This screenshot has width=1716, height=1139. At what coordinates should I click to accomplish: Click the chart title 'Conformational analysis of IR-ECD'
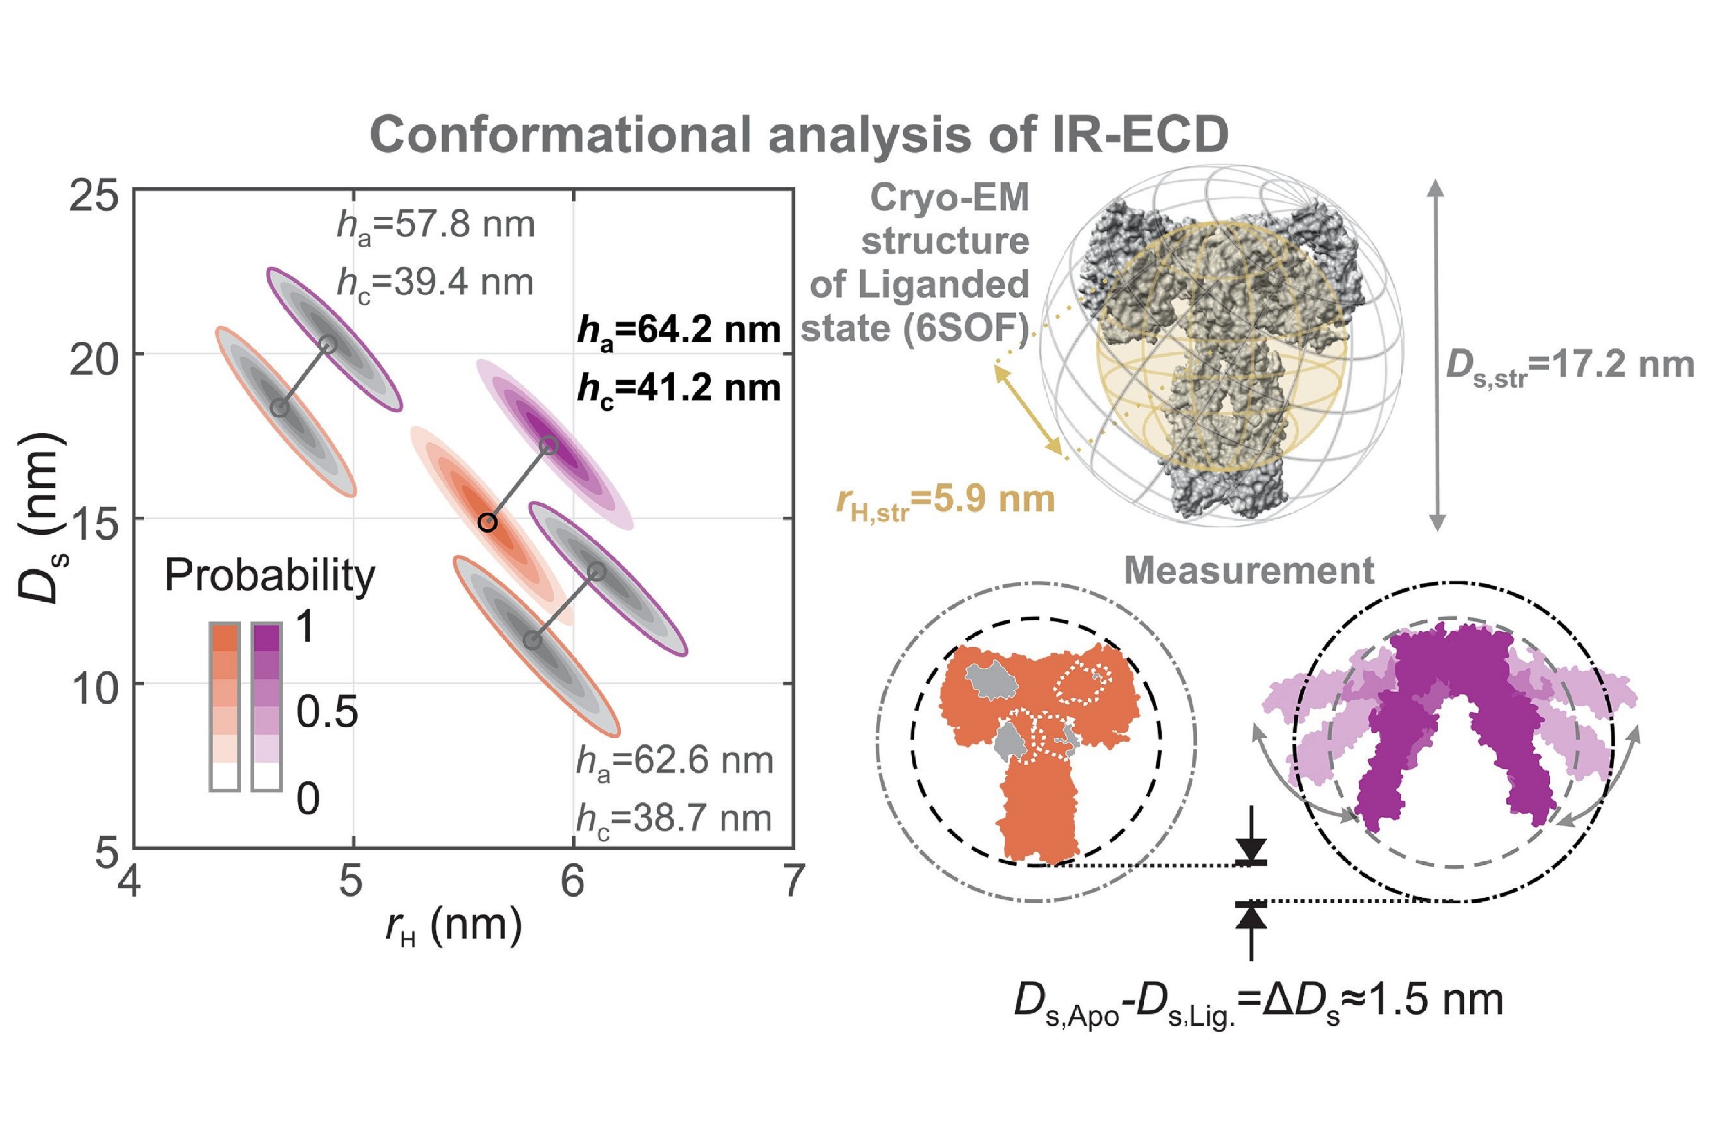(799, 135)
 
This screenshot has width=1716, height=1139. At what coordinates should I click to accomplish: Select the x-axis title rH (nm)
(454, 928)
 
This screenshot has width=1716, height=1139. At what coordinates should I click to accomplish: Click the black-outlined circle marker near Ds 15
(487, 522)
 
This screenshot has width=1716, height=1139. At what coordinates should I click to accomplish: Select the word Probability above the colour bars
(270, 576)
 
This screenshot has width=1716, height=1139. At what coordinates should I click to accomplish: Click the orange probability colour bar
(225, 706)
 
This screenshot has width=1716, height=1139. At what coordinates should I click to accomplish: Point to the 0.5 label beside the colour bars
(327, 712)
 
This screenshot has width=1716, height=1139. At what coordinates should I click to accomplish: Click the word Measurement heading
(1249, 571)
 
